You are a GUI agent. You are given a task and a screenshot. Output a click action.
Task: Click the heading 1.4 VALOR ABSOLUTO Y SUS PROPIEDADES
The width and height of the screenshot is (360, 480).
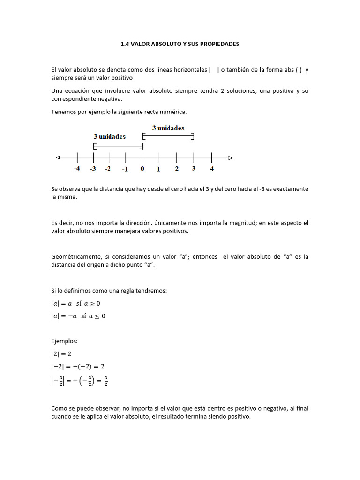coord(180,44)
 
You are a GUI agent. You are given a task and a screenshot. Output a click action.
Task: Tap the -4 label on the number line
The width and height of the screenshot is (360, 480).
coord(77,168)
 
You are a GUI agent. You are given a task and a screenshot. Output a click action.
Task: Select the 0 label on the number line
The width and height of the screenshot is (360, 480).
coord(142,168)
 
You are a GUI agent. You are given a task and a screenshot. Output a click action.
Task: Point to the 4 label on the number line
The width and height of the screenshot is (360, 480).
coord(212,168)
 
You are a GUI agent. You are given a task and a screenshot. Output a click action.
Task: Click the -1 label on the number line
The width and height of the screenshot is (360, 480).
coord(125,169)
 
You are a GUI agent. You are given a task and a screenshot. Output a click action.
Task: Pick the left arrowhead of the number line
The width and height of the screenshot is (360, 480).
coord(58,157)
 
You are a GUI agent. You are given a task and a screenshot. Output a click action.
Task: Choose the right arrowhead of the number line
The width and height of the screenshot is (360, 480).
coord(230,158)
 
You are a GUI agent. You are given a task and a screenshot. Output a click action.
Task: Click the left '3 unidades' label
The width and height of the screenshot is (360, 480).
coord(110,136)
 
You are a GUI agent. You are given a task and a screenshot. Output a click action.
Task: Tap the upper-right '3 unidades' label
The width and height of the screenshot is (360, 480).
coord(168,128)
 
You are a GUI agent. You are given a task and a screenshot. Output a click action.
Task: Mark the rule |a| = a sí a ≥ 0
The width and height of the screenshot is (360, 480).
coord(75,303)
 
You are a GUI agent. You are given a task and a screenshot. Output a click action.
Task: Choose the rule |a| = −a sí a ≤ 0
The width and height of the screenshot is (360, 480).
coord(78,316)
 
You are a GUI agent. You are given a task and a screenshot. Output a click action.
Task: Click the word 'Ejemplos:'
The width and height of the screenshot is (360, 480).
coord(64,341)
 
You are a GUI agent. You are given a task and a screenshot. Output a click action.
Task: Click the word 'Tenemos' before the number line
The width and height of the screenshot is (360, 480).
coord(63,112)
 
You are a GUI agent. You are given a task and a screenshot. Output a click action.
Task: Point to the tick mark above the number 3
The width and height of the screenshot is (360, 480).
coord(194,157)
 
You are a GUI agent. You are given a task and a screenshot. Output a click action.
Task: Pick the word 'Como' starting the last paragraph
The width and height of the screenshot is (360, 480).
coord(59,408)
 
